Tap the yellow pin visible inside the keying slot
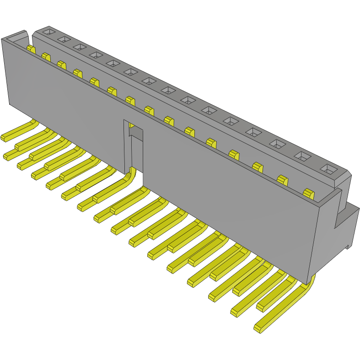click(132, 125)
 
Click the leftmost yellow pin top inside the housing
click(31, 48)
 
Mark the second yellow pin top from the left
click(46, 57)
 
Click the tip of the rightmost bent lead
click(258, 328)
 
